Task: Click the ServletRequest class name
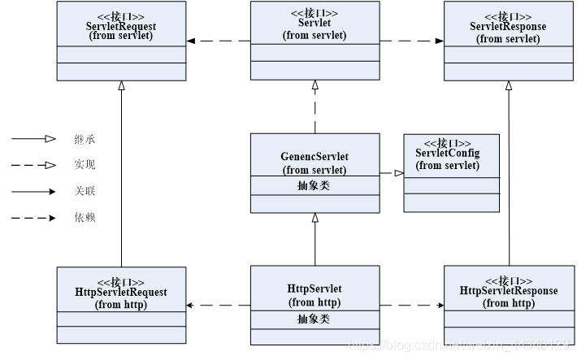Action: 120,25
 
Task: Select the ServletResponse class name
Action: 508,26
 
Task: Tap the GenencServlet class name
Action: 315,158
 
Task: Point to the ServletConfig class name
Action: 447,154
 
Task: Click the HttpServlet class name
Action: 315,289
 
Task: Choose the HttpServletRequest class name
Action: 120,292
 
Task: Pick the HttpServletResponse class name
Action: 509,290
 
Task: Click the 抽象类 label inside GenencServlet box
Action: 315,185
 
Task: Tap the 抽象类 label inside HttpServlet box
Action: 315,319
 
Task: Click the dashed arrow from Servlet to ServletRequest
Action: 218,41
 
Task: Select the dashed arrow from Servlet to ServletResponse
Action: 411,41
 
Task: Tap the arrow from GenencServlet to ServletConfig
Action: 391,173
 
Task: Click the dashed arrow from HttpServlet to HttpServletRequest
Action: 218,306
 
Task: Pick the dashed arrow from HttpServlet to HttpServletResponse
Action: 411,306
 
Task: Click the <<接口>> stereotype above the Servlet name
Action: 315,14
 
